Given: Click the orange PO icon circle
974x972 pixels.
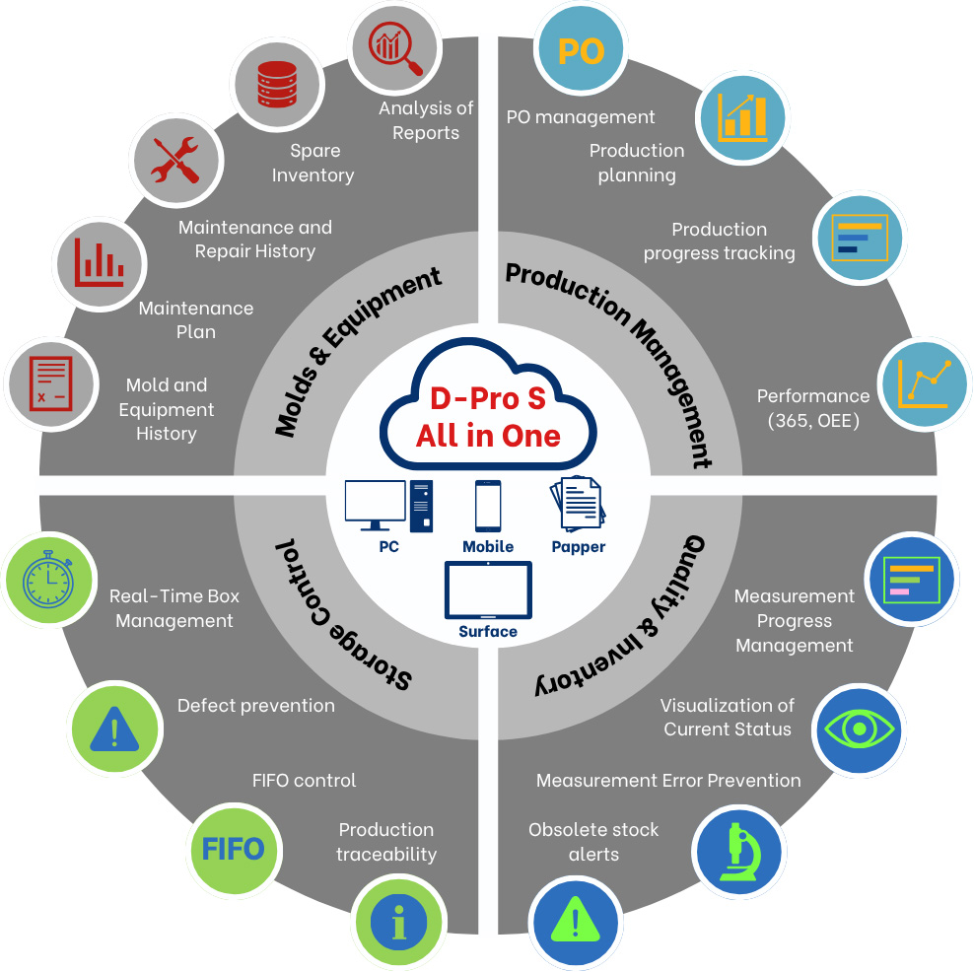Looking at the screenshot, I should pyautogui.click(x=581, y=52).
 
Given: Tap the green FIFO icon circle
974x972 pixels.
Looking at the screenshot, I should pyautogui.click(x=233, y=848).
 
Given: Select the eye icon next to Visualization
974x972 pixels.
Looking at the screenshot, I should pyautogui.click(x=859, y=729).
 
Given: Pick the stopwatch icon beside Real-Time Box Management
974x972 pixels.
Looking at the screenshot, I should pyautogui.click(x=48, y=578).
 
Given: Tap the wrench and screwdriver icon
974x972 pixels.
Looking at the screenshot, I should pyautogui.click(x=174, y=158).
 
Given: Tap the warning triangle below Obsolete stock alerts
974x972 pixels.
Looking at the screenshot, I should pyautogui.click(x=574, y=922).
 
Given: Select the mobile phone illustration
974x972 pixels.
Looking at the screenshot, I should pyautogui.click(x=488, y=507).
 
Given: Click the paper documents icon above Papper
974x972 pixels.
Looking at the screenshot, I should pyautogui.click(x=578, y=505).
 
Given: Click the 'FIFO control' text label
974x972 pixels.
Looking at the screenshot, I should pyautogui.click(x=304, y=781).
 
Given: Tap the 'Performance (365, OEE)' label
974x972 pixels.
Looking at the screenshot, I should pyautogui.click(x=813, y=408).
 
